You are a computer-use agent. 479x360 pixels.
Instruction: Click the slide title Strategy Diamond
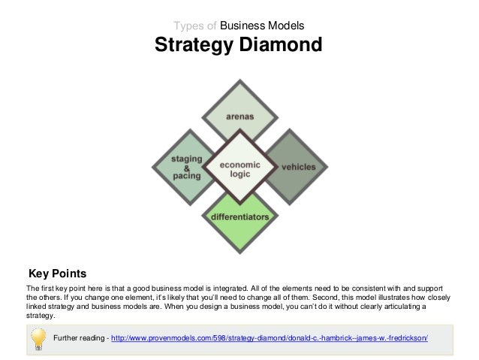[238, 47]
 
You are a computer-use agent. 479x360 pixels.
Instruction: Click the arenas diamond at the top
[239, 116]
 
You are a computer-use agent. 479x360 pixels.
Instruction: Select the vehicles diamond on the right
[299, 166]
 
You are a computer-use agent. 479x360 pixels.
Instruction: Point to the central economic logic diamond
[239, 167]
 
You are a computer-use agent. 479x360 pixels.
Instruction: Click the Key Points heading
[57, 272]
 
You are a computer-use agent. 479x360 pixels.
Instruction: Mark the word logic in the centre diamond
[239, 174]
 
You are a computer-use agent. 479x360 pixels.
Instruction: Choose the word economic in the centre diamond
[239, 163]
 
